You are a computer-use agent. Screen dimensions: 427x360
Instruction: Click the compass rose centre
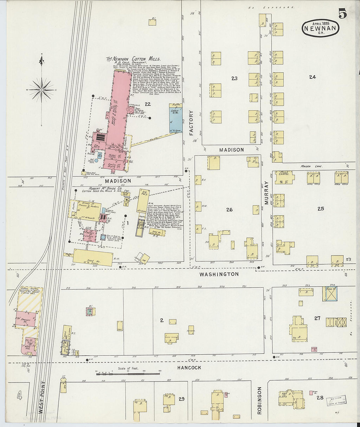pos(42,89)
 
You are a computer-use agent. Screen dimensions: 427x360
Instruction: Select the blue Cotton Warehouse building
pos(176,118)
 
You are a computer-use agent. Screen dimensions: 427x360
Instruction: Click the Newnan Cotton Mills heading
pos(133,59)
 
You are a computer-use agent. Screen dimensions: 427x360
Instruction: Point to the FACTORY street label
pos(191,123)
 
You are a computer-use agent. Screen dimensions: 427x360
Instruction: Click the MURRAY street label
pos(266,193)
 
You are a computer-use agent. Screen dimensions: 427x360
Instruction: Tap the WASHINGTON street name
pos(219,274)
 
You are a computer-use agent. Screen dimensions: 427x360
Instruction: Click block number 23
pos(234,78)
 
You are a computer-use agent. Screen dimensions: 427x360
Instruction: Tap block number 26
pos(229,209)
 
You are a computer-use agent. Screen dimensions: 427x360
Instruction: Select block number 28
pos(320,398)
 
